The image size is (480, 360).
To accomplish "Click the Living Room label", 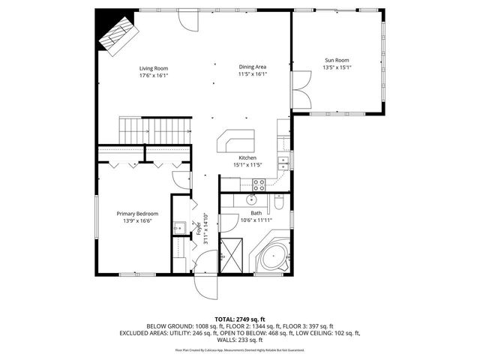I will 153,68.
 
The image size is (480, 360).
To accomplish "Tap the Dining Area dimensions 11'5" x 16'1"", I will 252,75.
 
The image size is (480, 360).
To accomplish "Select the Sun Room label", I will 337,60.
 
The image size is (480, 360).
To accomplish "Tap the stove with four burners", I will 259,183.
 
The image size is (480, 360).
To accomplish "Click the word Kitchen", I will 248,157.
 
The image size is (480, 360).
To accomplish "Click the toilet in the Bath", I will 277,203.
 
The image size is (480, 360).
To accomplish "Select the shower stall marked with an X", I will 234,256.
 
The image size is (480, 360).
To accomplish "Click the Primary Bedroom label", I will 136,214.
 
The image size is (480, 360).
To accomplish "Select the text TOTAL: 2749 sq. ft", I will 241,319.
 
